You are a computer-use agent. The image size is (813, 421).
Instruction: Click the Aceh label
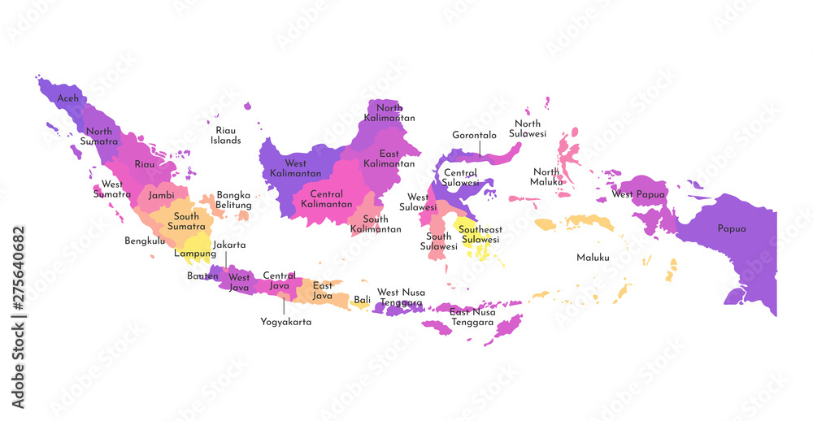coord(68,98)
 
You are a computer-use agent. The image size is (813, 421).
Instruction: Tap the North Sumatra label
coord(99,137)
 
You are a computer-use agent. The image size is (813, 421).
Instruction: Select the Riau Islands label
coord(225,135)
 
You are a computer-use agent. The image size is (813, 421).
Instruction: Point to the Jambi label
coord(161,195)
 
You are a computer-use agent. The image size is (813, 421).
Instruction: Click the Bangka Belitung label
coord(233,200)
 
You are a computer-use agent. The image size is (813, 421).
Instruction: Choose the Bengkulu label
coord(145,241)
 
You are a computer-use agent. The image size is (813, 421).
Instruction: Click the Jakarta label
coord(229,245)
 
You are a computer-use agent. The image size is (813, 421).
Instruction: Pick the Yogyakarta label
coord(285,322)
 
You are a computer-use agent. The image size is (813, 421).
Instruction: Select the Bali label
coord(362,300)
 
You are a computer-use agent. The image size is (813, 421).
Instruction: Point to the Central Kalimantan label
coord(327,199)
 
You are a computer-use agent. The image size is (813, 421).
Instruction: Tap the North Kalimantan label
coord(389,113)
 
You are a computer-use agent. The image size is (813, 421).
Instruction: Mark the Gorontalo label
coord(474,135)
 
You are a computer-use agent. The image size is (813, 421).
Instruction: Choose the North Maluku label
coord(546,176)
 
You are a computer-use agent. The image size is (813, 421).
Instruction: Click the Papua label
coord(731,228)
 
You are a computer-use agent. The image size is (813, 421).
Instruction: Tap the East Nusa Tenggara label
coord(472,317)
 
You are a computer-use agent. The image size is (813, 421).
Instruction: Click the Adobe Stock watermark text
coord(18,318)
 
